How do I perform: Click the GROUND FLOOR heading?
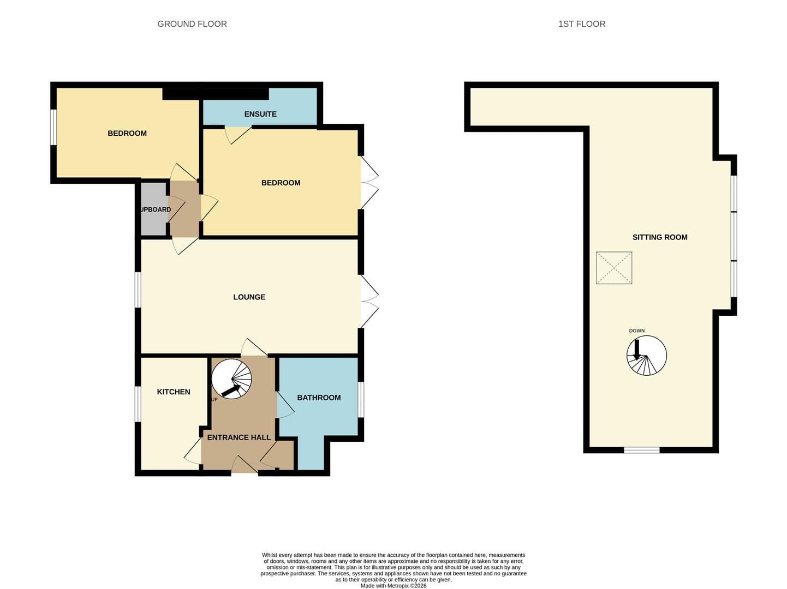pyautogui.click(x=192, y=24)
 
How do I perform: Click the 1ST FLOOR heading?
pyautogui.click(x=582, y=24)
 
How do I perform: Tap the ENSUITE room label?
pyautogui.click(x=260, y=114)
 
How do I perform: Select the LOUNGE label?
pyautogui.click(x=249, y=297)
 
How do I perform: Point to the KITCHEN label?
pyautogui.click(x=174, y=392)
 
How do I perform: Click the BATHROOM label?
pyautogui.click(x=319, y=398)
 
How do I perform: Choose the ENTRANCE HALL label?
pyautogui.click(x=239, y=437)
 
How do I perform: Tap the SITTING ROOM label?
pyautogui.click(x=660, y=237)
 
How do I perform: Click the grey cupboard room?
pyautogui.click(x=154, y=209)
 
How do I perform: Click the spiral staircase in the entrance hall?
pyautogui.click(x=231, y=379)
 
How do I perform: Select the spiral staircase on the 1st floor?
pyautogui.click(x=646, y=356)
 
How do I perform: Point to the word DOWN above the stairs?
pyautogui.click(x=637, y=330)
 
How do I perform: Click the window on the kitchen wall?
pyautogui.click(x=138, y=404)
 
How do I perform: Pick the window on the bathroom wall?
pyautogui.click(x=361, y=399)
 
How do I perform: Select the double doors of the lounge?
pyautogui.click(x=369, y=301)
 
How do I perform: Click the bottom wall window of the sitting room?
pyautogui.click(x=642, y=450)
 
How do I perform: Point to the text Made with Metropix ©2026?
pyautogui.click(x=393, y=586)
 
